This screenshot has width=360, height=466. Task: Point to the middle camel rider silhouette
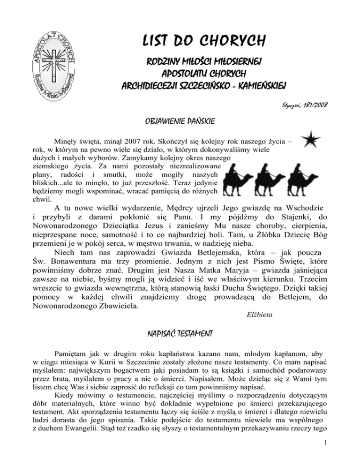pos(282,180)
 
